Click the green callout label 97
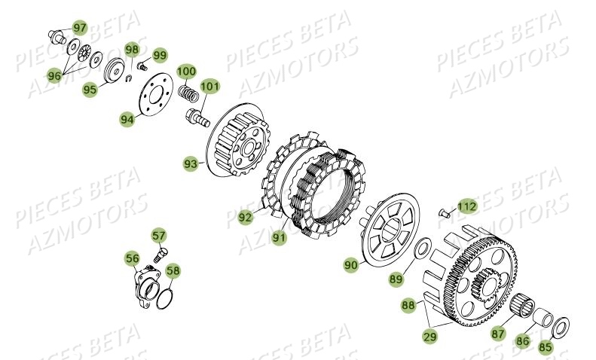[79, 28]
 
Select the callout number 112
[466, 205]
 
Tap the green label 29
[429, 337]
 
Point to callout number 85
[544, 347]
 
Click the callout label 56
[133, 259]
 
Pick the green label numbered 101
[209, 87]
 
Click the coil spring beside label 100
[191, 94]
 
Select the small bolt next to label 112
[445, 212]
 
